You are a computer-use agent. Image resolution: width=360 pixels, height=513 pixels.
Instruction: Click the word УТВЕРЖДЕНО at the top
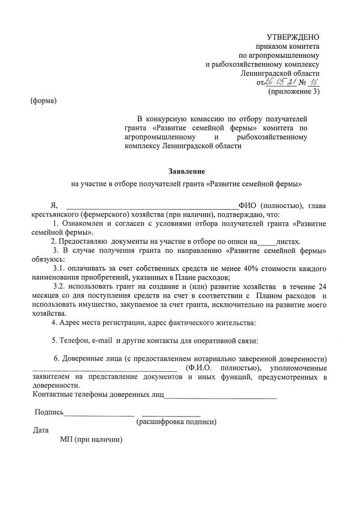(x=293, y=37)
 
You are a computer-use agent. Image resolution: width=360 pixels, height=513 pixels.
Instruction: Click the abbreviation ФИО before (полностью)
(x=248, y=205)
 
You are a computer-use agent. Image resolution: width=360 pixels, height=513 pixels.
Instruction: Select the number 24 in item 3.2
(x=323, y=286)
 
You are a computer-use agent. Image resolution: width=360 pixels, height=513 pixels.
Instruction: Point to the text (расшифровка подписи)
(x=176, y=422)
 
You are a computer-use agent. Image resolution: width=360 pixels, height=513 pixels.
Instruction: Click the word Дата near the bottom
(x=41, y=430)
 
